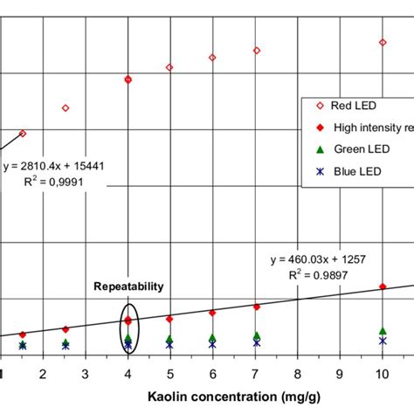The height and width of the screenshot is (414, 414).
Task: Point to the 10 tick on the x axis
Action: pos(382,374)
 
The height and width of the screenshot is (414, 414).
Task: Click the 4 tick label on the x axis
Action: pos(128,374)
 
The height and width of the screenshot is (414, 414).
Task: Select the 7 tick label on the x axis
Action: pos(255,374)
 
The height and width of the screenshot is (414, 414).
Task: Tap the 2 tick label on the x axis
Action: pos(43,374)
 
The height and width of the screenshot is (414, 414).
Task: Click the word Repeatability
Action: pos(129,286)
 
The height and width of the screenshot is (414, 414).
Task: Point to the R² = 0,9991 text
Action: pos(58,181)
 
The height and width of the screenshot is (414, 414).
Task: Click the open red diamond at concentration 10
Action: pos(382,42)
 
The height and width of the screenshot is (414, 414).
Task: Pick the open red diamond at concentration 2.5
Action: pos(66,108)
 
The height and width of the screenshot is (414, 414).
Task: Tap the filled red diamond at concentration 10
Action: pos(382,286)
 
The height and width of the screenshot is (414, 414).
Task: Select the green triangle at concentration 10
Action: pos(382,331)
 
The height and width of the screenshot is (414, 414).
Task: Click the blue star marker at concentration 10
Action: pos(382,341)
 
